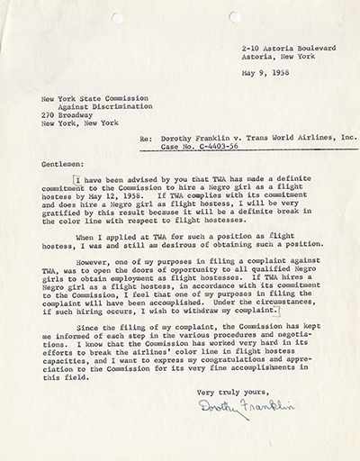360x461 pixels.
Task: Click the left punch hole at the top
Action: [117, 18]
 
